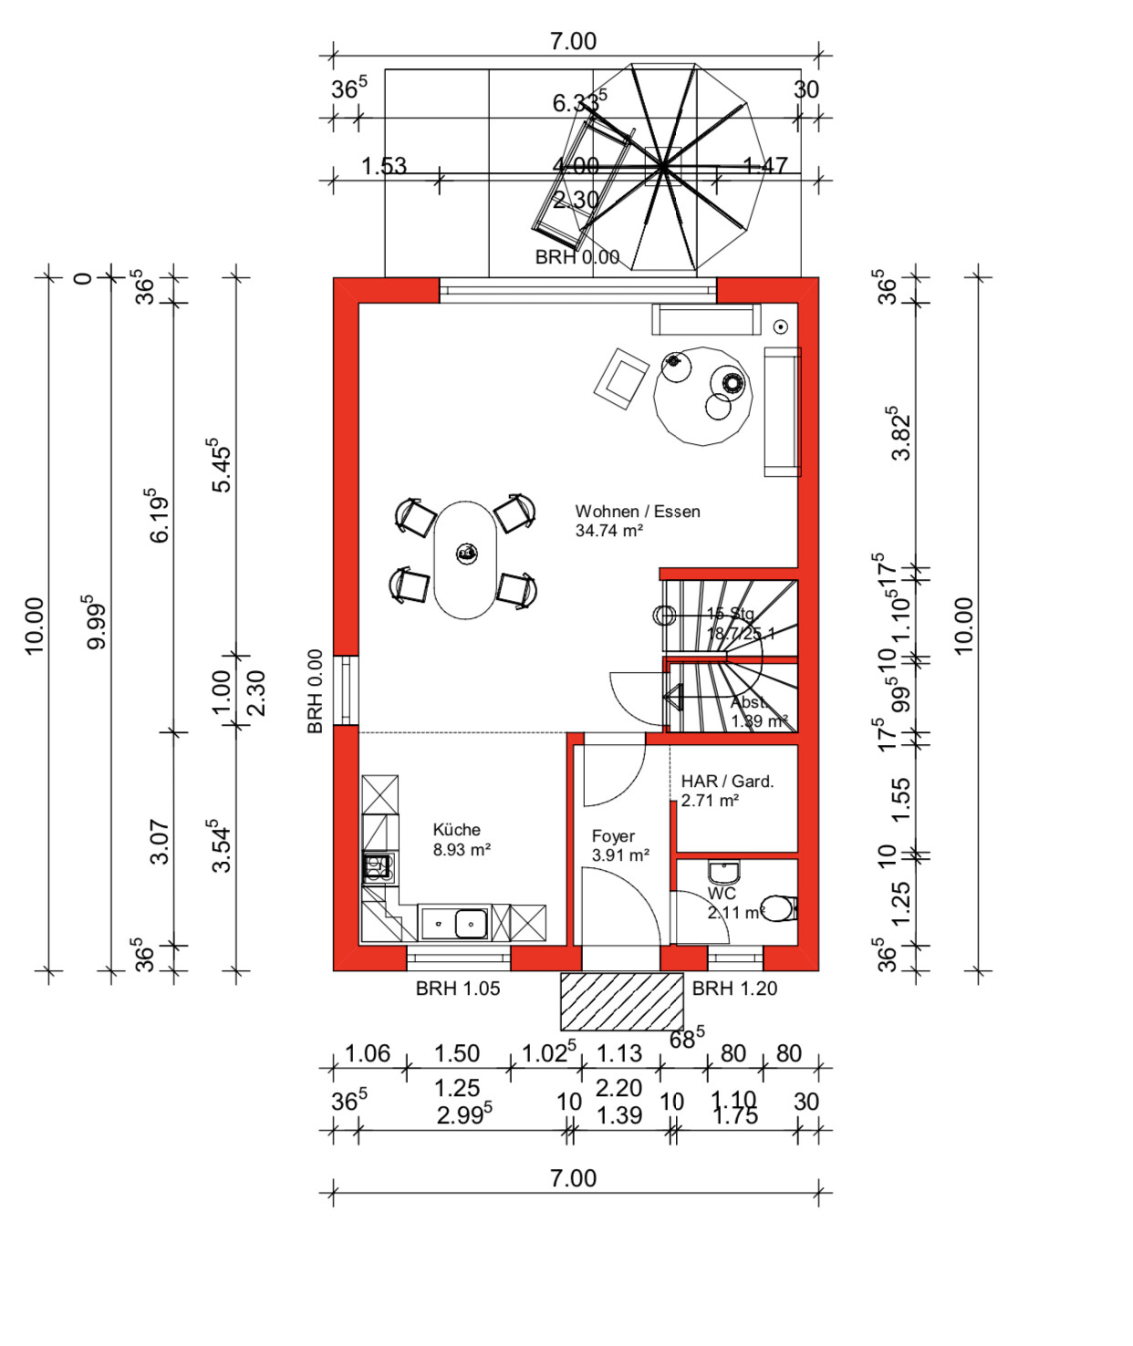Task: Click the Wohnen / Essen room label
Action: [637, 512]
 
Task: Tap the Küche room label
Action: [456, 830]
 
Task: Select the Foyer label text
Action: [613, 836]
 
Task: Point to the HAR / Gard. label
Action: [727, 782]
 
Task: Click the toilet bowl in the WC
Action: [778, 908]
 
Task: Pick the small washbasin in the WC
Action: [723, 871]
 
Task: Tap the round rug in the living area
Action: [702, 396]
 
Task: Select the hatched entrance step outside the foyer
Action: [621, 1001]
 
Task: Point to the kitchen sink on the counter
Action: [471, 923]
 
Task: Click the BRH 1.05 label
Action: [458, 989]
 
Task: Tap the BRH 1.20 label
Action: [734, 989]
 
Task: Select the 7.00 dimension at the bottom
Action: [573, 1178]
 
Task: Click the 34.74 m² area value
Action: [609, 531]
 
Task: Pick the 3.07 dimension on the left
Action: [160, 842]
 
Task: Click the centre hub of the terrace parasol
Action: [663, 167]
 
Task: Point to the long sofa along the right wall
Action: [782, 411]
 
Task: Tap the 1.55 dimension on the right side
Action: [900, 799]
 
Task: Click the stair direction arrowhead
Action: [674, 699]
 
